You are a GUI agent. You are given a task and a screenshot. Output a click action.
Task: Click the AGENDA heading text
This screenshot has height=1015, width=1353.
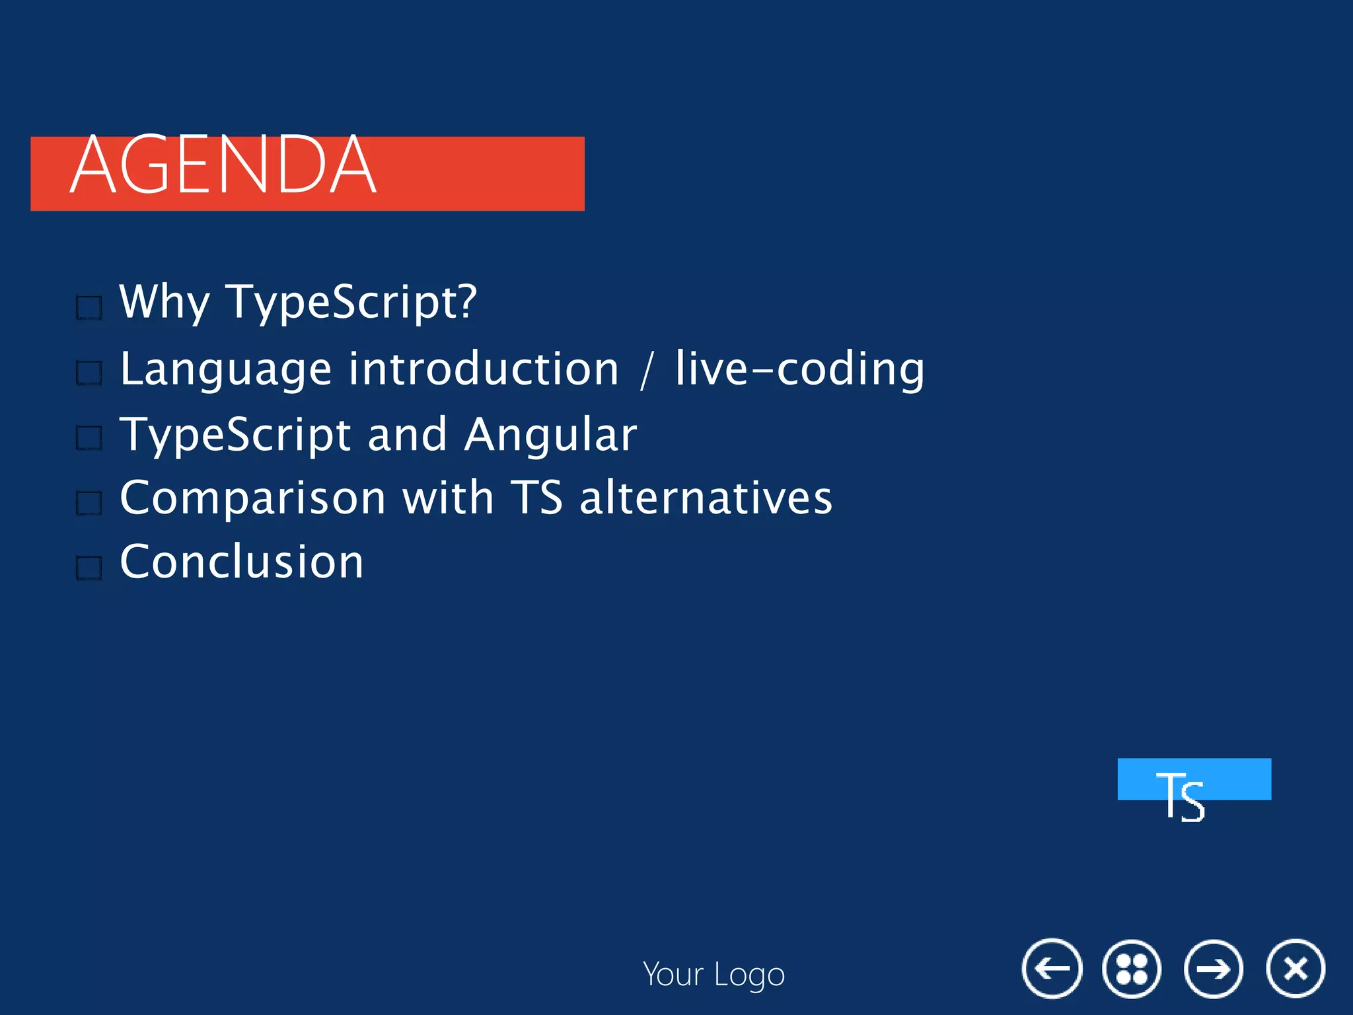[223, 165]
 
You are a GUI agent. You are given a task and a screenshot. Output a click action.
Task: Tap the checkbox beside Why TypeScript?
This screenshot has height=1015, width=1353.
[89, 307]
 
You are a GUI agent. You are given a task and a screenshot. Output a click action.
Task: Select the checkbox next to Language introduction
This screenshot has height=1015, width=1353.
[89, 373]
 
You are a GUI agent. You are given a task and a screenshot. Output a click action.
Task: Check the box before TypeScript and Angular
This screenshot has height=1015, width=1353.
[89, 437]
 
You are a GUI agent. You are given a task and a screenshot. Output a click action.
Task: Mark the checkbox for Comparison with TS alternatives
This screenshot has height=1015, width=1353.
[89, 502]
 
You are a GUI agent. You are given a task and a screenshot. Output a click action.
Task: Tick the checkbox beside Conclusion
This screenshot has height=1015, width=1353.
[89, 567]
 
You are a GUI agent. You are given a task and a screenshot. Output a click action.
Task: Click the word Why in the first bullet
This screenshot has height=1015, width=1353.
[164, 302]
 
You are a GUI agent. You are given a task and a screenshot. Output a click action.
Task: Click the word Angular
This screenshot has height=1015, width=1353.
[550, 435]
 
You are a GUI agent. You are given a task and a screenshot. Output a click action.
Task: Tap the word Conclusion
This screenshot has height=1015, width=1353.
[242, 562]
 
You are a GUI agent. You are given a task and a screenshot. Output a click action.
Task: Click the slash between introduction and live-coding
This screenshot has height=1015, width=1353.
[647, 371]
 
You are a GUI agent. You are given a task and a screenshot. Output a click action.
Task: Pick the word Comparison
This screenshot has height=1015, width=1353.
[252, 499]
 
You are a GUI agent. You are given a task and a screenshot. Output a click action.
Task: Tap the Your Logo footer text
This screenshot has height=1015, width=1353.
[713, 975]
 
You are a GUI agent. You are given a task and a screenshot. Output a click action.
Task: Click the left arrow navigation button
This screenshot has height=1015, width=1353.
[1052, 969]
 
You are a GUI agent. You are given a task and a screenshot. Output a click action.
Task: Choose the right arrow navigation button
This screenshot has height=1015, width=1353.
[1214, 969]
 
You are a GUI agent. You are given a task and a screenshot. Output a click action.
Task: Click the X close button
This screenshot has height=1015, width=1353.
[1296, 969]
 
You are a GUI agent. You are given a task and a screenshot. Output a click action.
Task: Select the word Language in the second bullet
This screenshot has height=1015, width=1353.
[225, 370]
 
